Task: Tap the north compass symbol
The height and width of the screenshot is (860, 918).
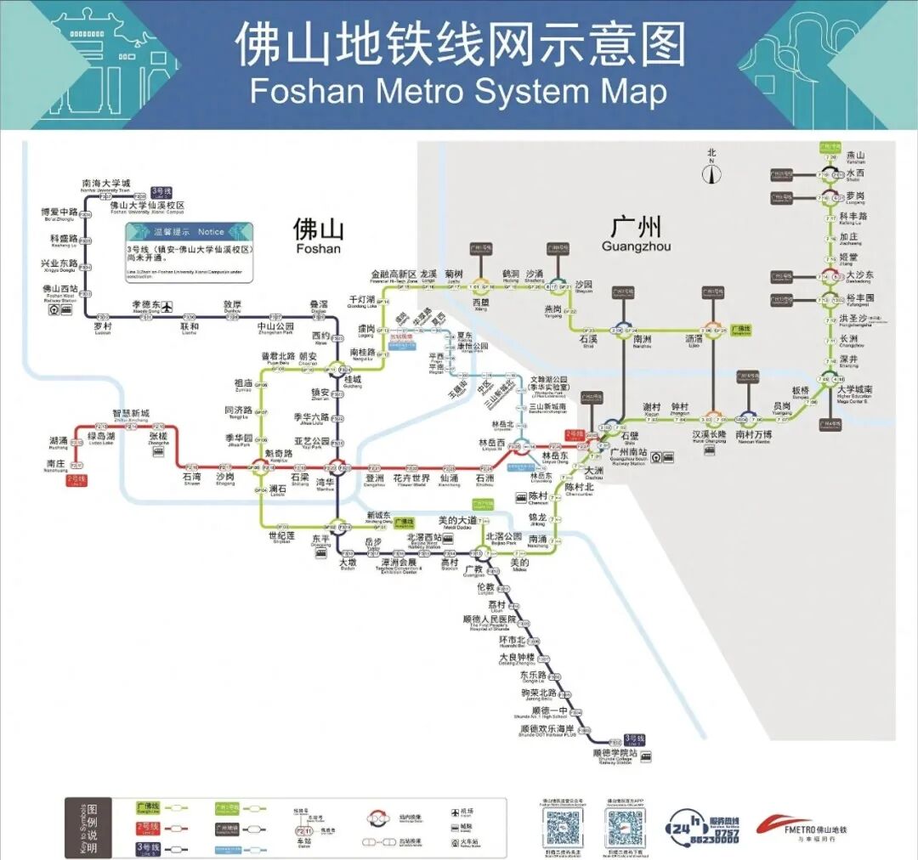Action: click(x=711, y=173)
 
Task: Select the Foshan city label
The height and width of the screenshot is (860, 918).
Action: click(x=318, y=235)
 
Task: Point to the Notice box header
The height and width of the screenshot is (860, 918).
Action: click(x=189, y=231)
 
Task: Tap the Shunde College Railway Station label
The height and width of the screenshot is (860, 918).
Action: click(x=615, y=755)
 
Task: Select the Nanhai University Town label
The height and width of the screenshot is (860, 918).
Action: click(x=106, y=184)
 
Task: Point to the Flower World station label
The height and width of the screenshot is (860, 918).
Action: click(x=411, y=480)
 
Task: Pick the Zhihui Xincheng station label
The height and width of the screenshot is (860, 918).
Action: click(x=131, y=415)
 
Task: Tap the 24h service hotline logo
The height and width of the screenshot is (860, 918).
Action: click(x=702, y=827)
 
